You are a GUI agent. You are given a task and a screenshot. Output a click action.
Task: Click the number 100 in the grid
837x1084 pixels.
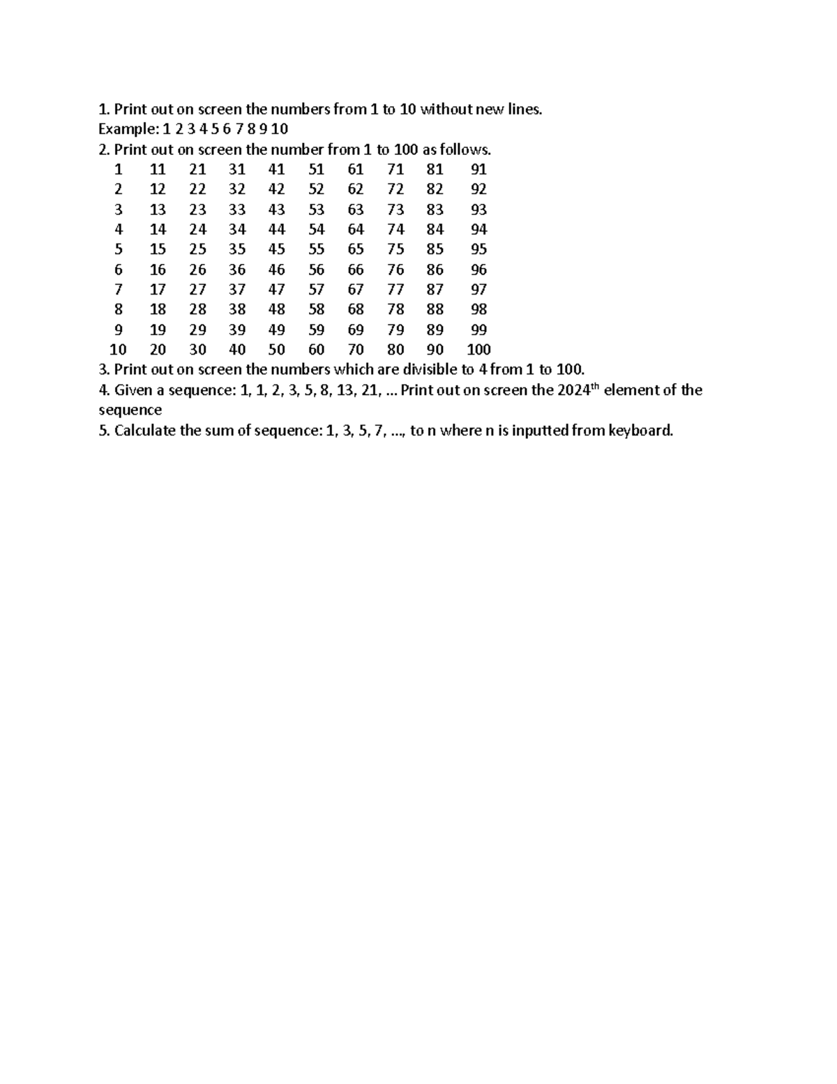pos(478,350)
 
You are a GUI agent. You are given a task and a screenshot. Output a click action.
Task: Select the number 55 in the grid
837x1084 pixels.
pos(317,249)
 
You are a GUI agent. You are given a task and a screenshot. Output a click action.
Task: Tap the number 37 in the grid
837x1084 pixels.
pos(237,290)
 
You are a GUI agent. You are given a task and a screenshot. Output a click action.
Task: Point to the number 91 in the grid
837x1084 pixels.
pos(478,169)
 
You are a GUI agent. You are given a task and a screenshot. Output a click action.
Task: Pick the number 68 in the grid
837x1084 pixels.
pos(356,309)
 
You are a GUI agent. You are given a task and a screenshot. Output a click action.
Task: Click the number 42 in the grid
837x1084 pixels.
pos(277,189)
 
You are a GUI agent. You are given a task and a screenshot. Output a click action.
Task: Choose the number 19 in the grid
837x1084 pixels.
pos(158,329)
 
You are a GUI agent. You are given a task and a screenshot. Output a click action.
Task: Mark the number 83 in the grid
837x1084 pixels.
pos(435,209)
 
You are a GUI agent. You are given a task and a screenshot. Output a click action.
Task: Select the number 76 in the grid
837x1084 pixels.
pos(395,269)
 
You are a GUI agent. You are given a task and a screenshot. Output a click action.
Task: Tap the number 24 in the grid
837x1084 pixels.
pos(197,230)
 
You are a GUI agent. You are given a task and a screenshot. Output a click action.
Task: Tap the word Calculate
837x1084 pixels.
pos(145,431)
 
